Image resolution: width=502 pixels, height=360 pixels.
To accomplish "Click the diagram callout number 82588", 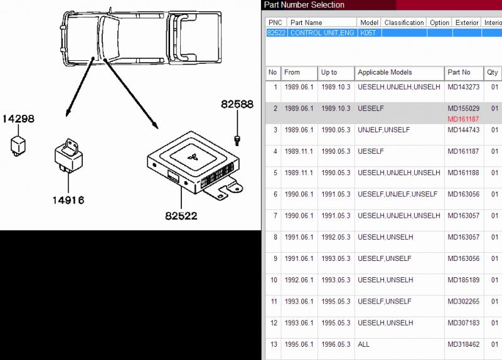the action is point(237,104).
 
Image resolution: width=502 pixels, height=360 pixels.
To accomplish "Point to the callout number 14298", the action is point(18,119).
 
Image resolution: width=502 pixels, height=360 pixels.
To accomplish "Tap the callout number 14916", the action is point(68,200).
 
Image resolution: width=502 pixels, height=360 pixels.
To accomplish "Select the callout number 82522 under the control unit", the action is point(181,216).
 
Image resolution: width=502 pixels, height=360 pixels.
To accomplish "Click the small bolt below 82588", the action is point(237,140).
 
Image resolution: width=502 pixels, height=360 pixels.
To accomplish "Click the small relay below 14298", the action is point(18,146).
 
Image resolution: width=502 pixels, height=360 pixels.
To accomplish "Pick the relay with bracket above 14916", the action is point(68,156).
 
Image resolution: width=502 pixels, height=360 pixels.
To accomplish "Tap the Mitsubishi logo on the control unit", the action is point(193,157).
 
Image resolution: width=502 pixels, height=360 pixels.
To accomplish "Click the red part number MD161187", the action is point(463,119).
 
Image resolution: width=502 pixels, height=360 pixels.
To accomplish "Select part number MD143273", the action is point(463,87).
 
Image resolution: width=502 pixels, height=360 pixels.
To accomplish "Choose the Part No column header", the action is point(459,72).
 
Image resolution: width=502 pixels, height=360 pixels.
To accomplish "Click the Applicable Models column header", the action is point(385,72).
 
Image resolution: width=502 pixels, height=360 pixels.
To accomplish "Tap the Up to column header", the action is point(329,72).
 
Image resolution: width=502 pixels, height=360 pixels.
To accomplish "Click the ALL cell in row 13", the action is point(364,344).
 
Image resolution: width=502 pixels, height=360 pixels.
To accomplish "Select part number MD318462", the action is point(463,344).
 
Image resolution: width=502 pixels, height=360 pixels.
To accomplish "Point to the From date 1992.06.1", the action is point(299,280).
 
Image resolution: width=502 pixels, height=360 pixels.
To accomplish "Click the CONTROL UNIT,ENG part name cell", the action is point(322,33).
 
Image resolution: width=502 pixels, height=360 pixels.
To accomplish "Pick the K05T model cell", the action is point(368,33).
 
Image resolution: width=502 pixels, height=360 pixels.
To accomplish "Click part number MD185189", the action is point(463,280).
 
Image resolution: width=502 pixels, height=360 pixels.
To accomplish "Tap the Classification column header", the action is point(404,23).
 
